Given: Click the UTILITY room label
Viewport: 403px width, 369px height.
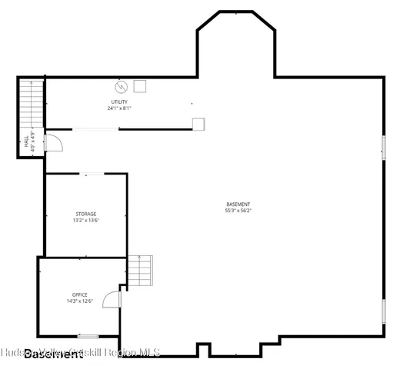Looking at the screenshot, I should click(119, 102).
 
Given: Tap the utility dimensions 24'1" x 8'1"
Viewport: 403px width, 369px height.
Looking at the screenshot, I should click(119, 108).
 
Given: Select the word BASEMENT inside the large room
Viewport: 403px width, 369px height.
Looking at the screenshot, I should click(238, 204).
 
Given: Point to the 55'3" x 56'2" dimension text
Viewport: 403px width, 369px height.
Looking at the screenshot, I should click(238, 211).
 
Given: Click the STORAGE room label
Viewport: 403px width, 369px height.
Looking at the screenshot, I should click(85, 214).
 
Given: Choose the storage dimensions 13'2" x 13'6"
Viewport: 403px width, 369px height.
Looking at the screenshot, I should click(85, 220).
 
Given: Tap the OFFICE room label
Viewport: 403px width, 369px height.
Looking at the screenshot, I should click(79, 294).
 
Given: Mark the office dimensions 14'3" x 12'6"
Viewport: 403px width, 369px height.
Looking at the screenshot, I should click(79, 301).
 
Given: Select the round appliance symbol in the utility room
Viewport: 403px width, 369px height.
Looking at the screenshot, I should click(120, 86).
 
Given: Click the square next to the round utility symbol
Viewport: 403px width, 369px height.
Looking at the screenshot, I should click(140, 86).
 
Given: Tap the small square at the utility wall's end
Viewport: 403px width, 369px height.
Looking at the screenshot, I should click(198, 123).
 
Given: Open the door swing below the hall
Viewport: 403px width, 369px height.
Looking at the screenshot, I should click(54, 143).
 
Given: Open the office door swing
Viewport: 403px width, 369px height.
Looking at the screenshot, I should click(112, 299).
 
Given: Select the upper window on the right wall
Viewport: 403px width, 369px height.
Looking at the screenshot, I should click(382, 147).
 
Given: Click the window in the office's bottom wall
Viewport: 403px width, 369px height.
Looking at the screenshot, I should click(88, 336).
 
